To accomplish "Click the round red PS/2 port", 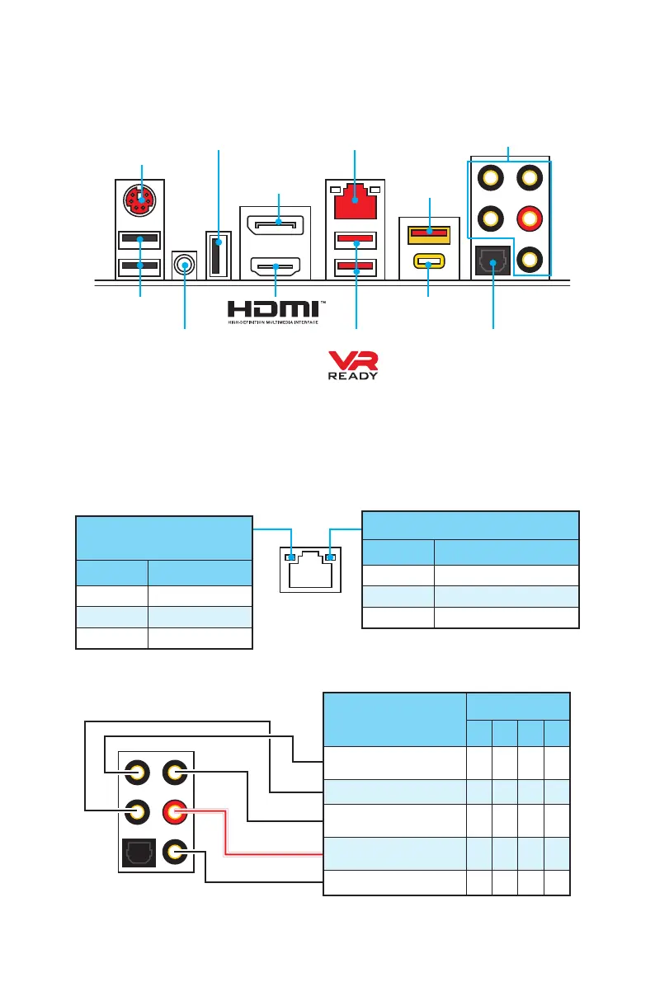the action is (142, 200).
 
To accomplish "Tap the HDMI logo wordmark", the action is (276, 310).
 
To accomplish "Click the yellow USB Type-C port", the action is (428, 264).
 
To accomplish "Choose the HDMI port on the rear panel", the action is (278, 267).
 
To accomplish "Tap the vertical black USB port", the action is (218, 255).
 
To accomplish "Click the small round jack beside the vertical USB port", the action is (185, 265).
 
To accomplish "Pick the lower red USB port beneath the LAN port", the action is (355, 269).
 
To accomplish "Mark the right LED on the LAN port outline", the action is (330, 558).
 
